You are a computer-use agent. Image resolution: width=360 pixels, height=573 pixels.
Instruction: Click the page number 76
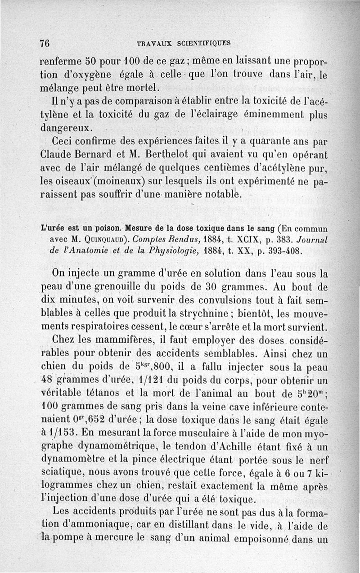[44, 43]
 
